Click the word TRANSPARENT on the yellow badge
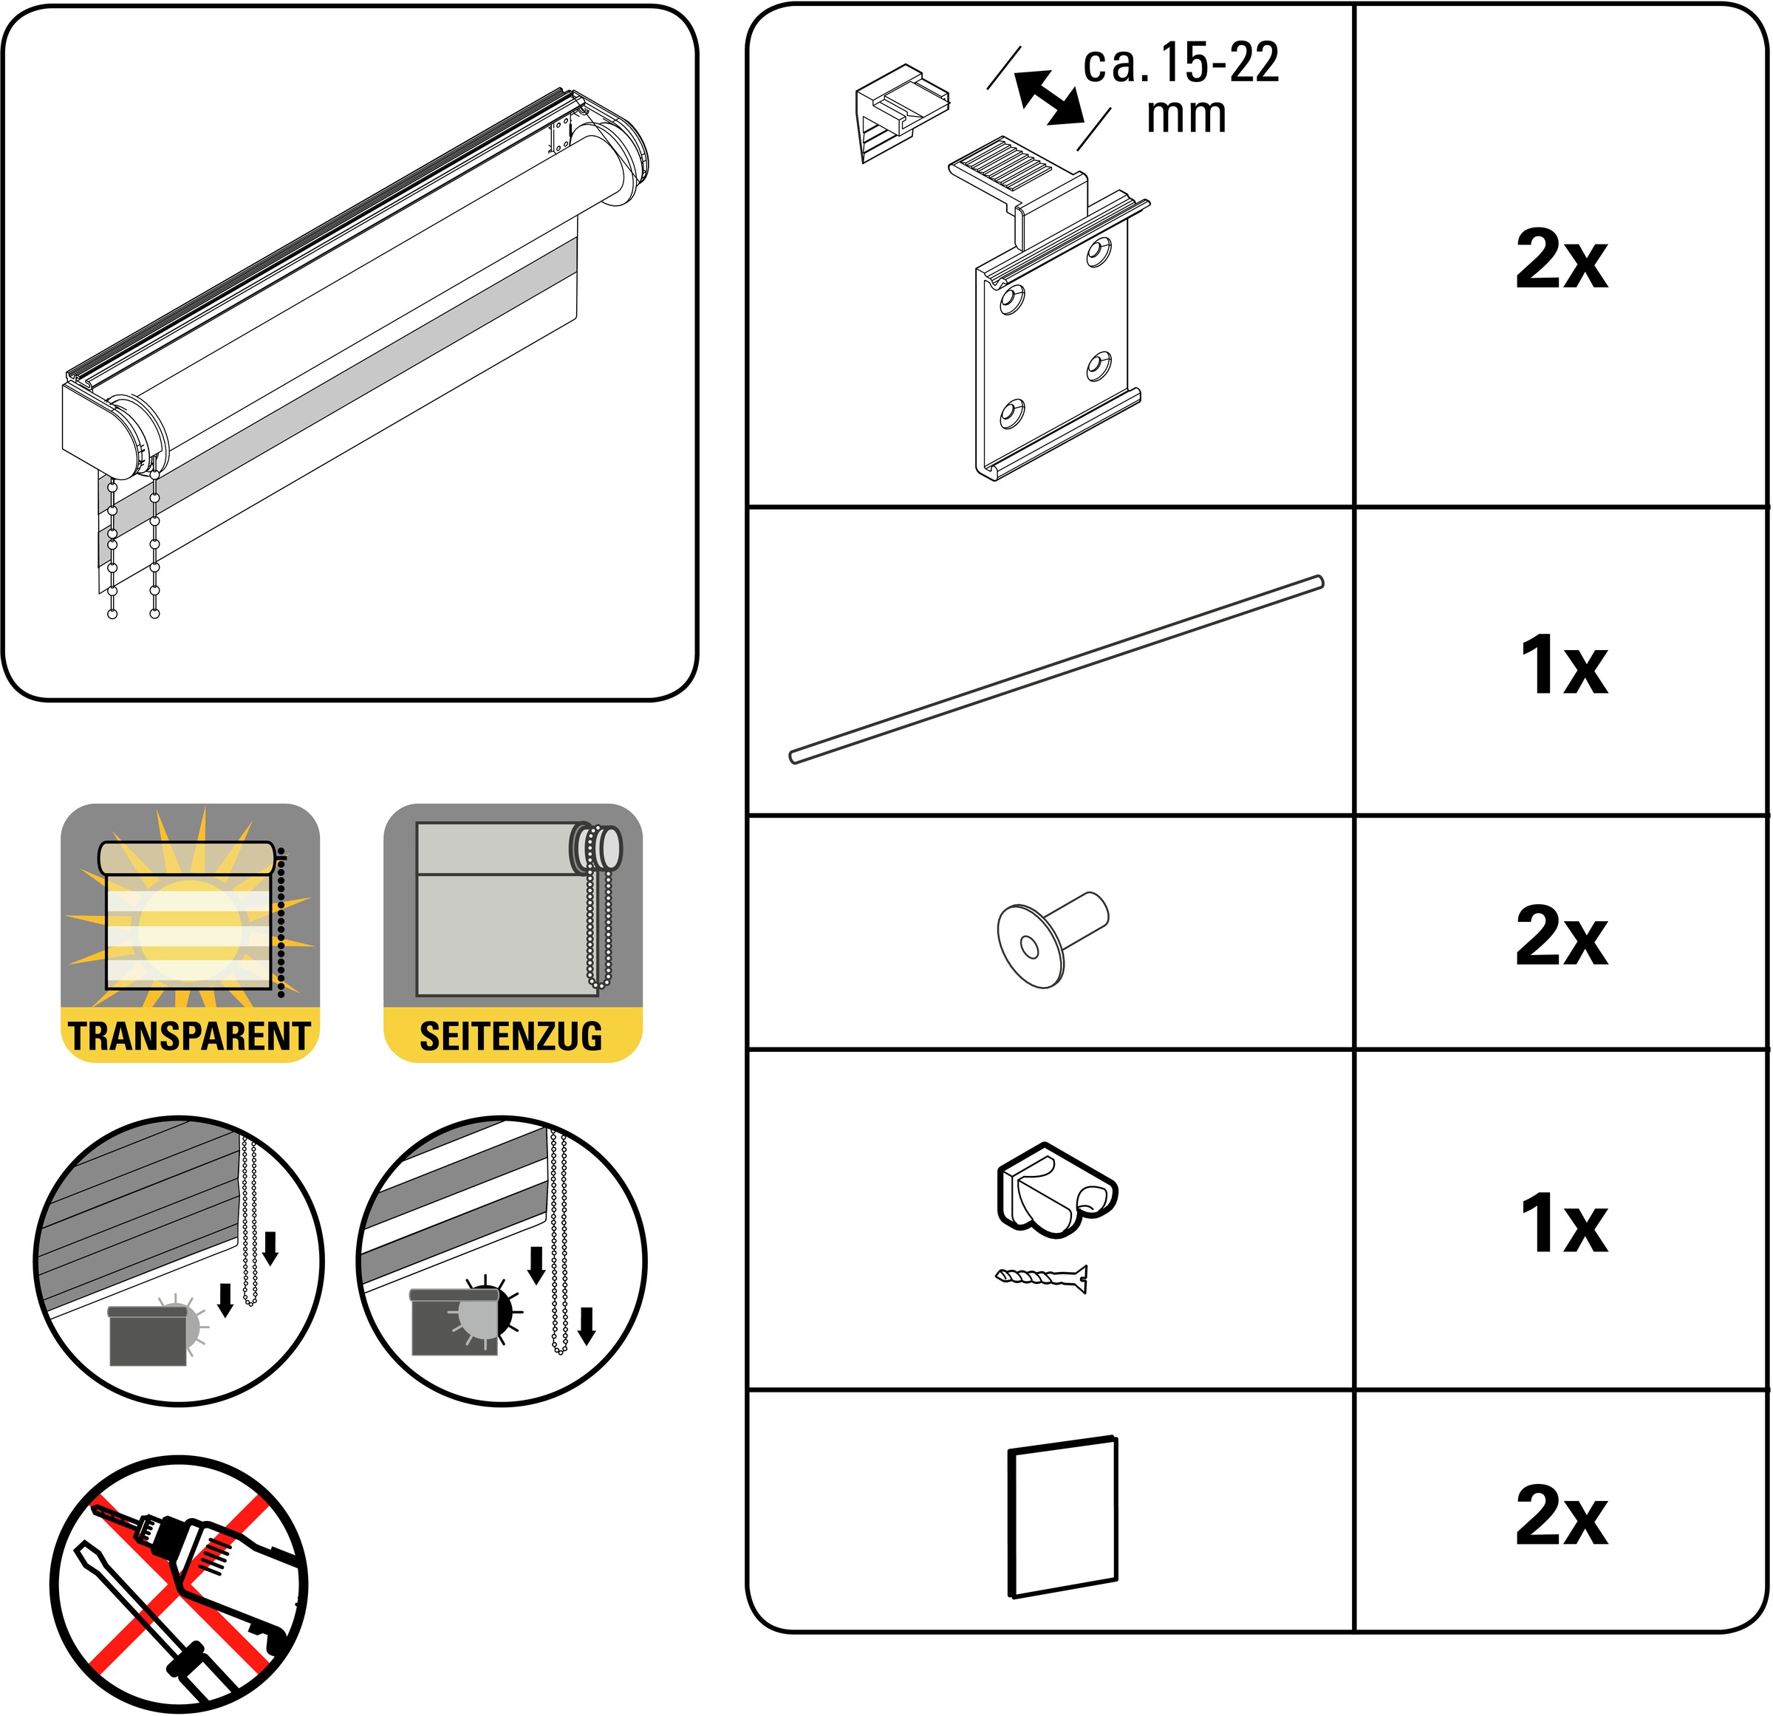click(189, 1036)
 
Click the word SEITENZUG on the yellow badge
click(511, 1036)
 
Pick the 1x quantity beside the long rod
click(1564, 664)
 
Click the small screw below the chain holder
click(1041, 1278)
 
